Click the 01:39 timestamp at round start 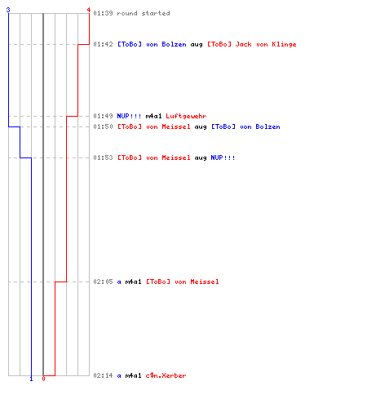click(x=103, y=13)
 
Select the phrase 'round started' click(x=144, y=13)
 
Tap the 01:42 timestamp click(x=103, y=44)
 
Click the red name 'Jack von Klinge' click(x=266, y=44)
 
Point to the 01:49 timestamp click(x=103, y=116)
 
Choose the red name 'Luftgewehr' click(x=186, y=116)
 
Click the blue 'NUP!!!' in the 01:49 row click(x=129, y=116)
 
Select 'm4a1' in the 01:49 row click(x=153, y=116)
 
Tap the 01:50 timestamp click(x=103, y=126)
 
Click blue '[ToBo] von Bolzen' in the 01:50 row click(x=245, y=126)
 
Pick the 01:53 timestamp click(x=103, y=157)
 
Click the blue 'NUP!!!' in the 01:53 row click(x=223, y=157)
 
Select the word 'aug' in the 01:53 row click(x=201, y=158)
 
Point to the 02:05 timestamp click(x=103, y=282)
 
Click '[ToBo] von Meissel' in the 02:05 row click(x=183, y=282)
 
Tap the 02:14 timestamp click(x=103, y=375)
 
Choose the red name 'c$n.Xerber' click(x=166, y=375)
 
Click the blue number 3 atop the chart click(x=8, y=10)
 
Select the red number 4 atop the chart click(x=89, y=10)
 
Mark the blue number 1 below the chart click(x=31, y=379)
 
